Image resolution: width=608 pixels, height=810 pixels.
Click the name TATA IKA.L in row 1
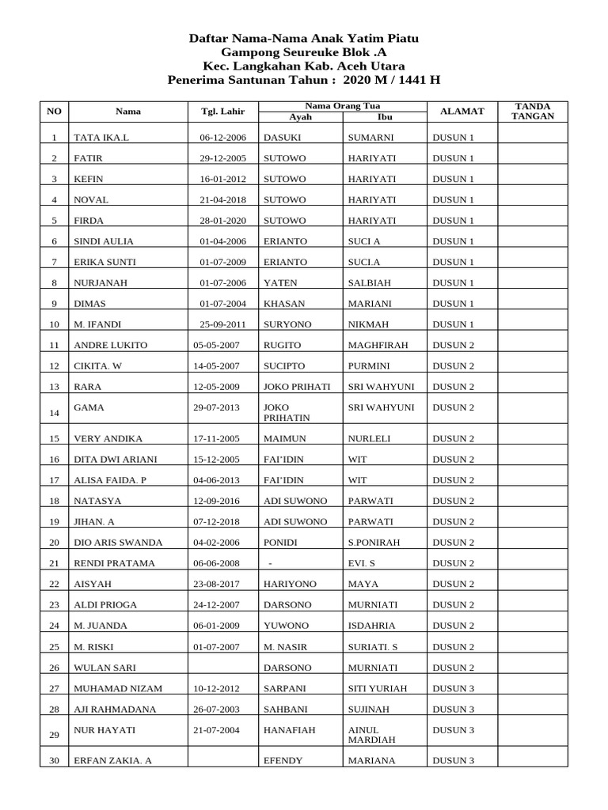pos(101,138)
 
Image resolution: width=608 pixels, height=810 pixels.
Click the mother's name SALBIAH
pos(369,283)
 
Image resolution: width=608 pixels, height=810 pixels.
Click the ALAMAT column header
pos(462,112)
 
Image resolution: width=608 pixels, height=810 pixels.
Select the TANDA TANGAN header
pos(533,111)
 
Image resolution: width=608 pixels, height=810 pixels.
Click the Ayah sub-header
pos(300,117)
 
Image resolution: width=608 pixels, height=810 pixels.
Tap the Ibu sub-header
pos(385,117)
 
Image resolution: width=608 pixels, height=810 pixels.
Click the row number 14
pos(54,414)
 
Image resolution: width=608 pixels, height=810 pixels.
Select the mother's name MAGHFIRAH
pos(376,346)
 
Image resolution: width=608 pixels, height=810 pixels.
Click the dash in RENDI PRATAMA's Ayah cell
pos(271,563)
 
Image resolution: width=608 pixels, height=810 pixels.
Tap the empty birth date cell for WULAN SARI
pos(222,668)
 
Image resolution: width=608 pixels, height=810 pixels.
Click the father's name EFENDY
pos(283,761)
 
